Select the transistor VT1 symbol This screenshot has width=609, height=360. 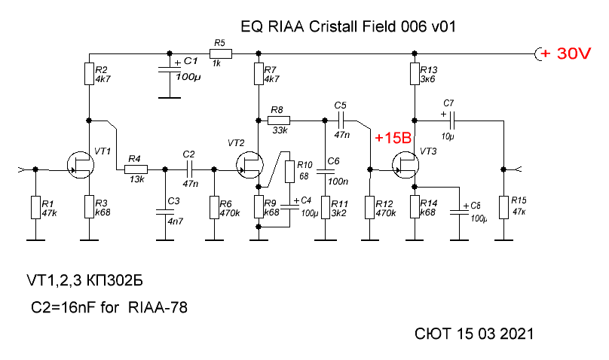tap(81, 163)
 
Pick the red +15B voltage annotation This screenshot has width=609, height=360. tap(392, 139)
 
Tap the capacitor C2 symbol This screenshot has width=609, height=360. tap(188, 169)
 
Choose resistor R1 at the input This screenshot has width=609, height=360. tap(34, 207)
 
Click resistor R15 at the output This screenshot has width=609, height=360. tap(503, 207)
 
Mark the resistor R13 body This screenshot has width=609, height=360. tap(414, 74)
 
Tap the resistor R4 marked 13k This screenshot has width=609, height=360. tap(136, 169)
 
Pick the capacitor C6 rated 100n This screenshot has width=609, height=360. tap(325, 172)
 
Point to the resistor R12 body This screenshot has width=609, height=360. tap(370, 207)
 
